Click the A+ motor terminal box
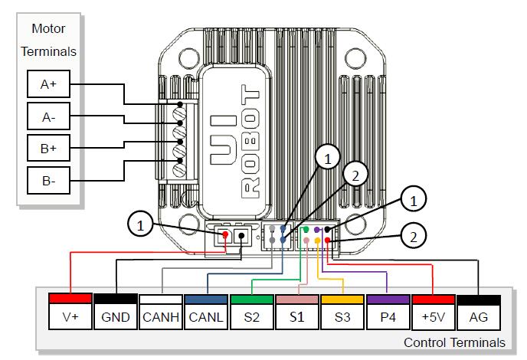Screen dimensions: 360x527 click(x=49, y=84)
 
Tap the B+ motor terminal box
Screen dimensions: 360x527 click(x=49, y=149)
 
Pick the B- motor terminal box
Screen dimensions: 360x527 click(x=49, y=181)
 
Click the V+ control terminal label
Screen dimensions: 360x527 click(x=70, y=316)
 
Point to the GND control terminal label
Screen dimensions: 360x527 click(x=115, y=316)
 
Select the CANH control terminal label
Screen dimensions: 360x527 click(x=160, y=316)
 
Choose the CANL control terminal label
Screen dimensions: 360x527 click(x=206, y=316)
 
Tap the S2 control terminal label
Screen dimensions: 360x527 click(x=251, y=316)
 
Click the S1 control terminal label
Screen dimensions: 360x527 click(x=296, y=316)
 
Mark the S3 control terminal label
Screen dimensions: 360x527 click(x=342, y=316)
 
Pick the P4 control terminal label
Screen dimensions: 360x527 click(x=388, y=316)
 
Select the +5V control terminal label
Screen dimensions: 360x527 click(x=433, y=316)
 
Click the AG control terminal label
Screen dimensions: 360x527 click(x=479, y=316)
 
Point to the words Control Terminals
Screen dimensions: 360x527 click(x=453, y=342)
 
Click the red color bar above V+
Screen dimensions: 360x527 click(x=70, y=298)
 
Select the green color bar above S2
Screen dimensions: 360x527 click(x=251, y=298)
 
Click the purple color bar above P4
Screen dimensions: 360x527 click(x=388, y=298)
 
